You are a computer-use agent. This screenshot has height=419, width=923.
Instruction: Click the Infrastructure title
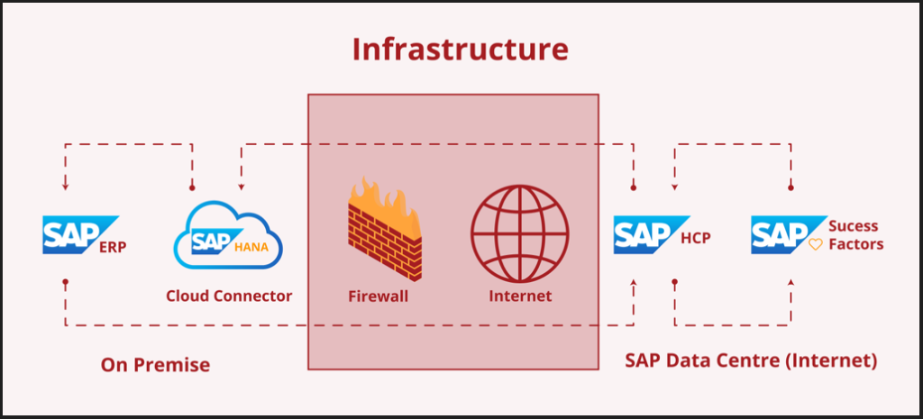click(x=460, y=50)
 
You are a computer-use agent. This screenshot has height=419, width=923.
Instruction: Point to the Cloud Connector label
click(x=229, y=296)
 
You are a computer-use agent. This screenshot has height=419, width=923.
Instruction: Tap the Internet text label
click(x=520, y=296)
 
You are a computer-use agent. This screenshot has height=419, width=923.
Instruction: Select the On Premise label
click(x=155, y=365)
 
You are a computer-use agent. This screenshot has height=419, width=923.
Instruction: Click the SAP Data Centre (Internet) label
click(x=751, y=360)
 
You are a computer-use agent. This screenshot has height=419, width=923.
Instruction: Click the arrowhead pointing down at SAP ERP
click(x=66, y=188)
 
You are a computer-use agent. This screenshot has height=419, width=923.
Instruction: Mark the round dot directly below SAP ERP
click(x=66, y=281)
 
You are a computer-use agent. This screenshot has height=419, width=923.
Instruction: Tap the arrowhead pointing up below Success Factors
click(x=791, y=283)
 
